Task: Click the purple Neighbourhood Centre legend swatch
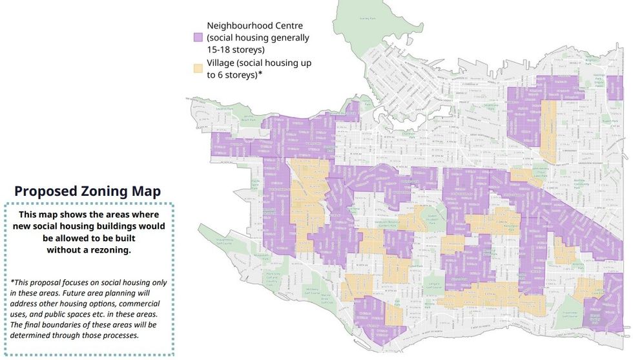coord(197,37)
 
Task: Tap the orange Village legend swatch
coord(197,67)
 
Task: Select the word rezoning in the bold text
coord(106,250)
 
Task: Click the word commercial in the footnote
coord(133,303)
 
